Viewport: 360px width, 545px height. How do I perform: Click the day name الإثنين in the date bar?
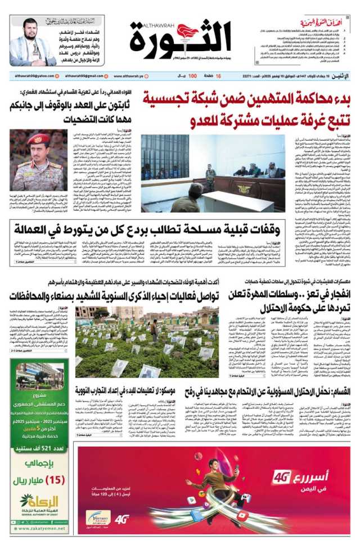coord(343,76)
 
